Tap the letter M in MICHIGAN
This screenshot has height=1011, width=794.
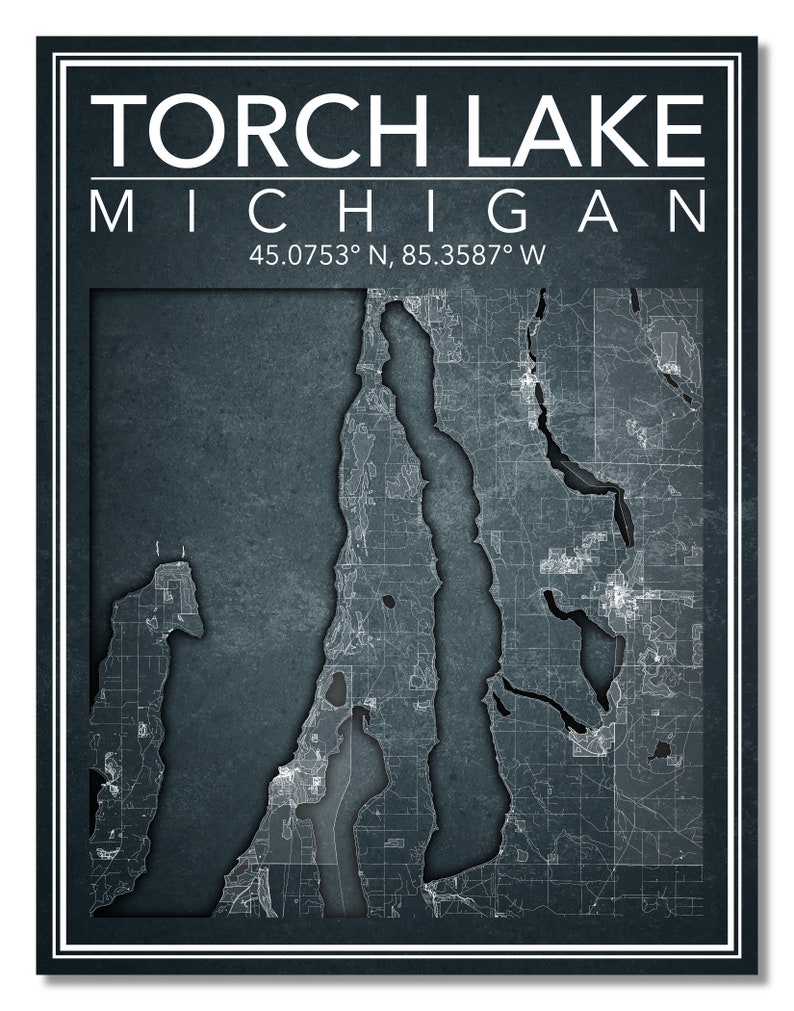point(111,214)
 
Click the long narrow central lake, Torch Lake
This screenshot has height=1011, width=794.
point(455,560)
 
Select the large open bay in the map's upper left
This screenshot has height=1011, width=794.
point(220,420)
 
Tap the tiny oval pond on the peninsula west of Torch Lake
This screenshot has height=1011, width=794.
point(386,603)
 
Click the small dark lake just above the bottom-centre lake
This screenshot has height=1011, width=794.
point(338,688)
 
